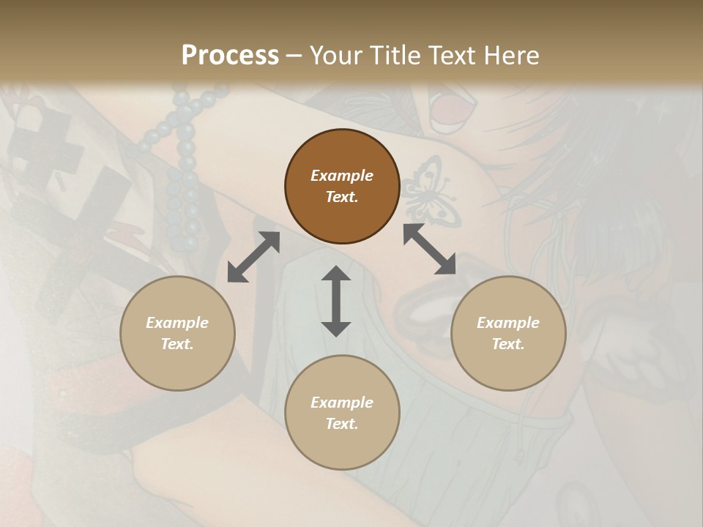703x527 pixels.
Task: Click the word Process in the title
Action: click(230, 56)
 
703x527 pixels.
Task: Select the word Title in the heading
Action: click(396, 56)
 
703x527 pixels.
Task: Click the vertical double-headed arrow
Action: click(336, 301)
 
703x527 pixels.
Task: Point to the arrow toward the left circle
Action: click(253, 257)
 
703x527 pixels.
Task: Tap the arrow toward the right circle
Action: click(430, 249)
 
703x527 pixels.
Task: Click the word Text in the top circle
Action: click(342, 197)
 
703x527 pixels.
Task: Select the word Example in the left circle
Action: click(177, 323)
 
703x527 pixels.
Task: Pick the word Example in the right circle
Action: click(508, 323)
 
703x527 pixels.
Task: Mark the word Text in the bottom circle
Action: click(342, 424)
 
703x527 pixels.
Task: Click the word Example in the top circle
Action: click(342, 176)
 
